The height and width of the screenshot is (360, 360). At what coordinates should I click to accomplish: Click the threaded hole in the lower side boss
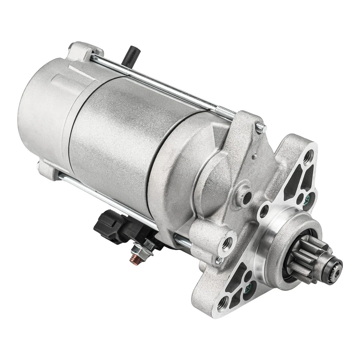pyautogui.click(x=226, y=244)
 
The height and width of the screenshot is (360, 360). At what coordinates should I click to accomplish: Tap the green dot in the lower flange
pyautogui.click(x=247, y=288)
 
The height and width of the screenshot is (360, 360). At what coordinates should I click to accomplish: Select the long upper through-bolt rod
pyautogui.click(x=157, y=82)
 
